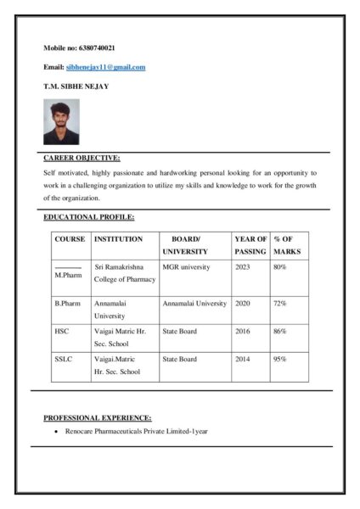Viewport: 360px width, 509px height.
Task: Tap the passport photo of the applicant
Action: click(61, 121)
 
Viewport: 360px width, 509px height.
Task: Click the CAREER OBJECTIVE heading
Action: click(82, 158)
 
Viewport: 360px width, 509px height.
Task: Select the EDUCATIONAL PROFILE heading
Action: click(88, 218)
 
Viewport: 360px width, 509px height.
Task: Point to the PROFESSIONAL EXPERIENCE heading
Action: click(98, 417)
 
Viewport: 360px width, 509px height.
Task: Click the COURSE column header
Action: click(70, 239)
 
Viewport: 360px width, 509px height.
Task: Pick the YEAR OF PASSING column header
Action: click(250, 245)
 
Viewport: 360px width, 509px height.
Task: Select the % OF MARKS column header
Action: click(287, 245)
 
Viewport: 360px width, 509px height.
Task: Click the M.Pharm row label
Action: click(68, 276)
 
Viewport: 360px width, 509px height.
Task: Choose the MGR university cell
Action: click(186, 266)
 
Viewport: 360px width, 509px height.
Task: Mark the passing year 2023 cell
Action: click(243, 266)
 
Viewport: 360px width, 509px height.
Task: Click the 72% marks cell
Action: click(279, 303)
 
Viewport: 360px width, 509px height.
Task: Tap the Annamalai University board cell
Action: click(194, 303)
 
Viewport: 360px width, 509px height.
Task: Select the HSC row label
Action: click(62, 331)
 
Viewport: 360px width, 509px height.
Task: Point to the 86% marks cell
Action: click(279, 331)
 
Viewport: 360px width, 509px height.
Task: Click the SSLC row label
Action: click(64, 359)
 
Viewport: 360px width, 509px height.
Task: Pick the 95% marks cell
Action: click(279, 359)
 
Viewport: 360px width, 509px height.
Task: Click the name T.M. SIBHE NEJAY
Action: click(76, 87)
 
